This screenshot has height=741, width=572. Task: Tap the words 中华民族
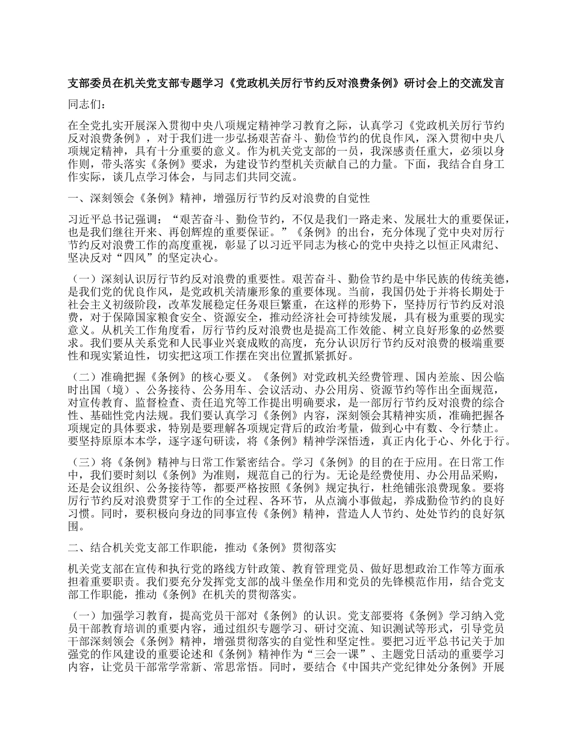(x=406, y=279)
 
